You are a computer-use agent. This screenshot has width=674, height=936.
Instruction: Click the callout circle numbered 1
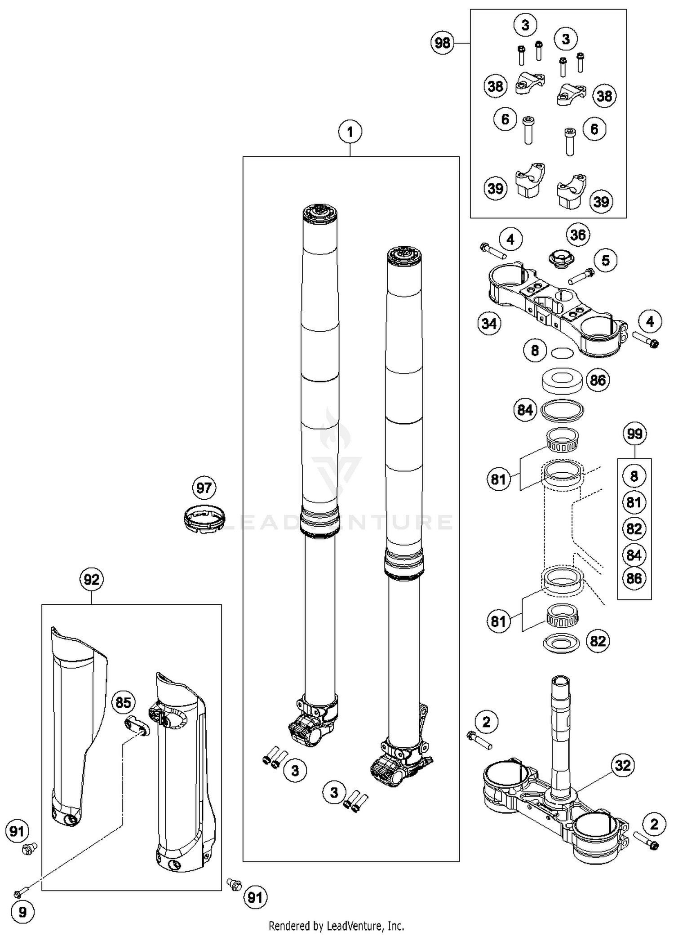[350, 132]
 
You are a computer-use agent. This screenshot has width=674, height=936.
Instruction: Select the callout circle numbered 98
[442, 43]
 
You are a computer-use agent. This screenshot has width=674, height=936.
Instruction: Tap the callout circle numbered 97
[204, 488]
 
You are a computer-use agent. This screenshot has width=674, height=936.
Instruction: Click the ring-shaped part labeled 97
[204, 519]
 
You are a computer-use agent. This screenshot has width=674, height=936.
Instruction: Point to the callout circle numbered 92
[91, 580]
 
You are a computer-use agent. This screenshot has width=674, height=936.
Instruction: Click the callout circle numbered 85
[123, 702]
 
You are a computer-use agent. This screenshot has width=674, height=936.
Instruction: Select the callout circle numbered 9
[22, 912]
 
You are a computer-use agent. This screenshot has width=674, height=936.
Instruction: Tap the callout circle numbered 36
[578, 235]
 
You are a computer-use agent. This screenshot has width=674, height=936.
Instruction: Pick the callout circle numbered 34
[489, 324]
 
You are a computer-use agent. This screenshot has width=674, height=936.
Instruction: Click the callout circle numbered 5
[605, 260]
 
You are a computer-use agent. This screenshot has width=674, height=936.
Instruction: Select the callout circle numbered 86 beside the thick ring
[598, 381]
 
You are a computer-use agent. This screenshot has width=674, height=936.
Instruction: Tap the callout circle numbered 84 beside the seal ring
[525, 410]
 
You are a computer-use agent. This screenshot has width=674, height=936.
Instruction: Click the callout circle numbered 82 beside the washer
[598, 641]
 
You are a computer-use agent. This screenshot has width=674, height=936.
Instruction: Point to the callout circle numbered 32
[623, 765]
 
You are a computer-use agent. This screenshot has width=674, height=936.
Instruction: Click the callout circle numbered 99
[634, 434]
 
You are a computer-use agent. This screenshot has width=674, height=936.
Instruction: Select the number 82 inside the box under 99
[634, 528]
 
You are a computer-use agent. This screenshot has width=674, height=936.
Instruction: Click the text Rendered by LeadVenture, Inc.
[336, 926]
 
